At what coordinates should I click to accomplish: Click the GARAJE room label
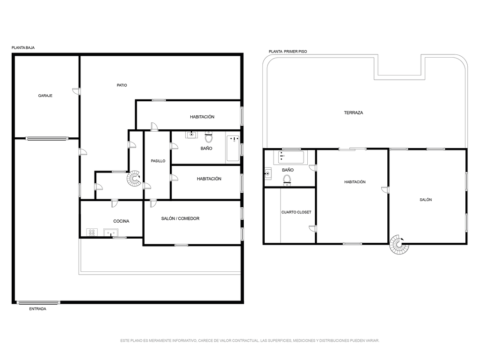pos(45,96)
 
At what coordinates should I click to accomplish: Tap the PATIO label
pos(122,85)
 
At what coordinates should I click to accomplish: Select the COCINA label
pos(121,221)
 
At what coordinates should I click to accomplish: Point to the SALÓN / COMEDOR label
pos(180,218)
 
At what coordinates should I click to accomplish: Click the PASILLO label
pos(158,161)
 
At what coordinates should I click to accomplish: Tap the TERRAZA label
pos(354,112)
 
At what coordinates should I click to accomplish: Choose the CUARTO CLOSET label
pos(296,212)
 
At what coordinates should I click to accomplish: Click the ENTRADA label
pos(37,309)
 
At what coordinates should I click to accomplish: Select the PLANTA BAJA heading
pos(23,48)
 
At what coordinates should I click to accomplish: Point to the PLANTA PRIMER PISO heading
pos(288,52)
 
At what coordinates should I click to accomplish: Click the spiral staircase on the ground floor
pos(134,179)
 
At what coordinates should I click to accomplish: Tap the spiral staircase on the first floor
pos(399,244)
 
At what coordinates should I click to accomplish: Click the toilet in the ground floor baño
pos(209,137)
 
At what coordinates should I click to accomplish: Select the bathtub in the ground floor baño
pos(233,149)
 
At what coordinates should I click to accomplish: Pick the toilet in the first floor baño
pos(287,180)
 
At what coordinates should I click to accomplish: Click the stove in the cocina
pos(92,232)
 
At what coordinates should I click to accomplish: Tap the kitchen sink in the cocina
pos(110,232)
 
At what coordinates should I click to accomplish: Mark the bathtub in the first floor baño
pos(291,157)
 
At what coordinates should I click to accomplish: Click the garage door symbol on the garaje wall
pos(47,138)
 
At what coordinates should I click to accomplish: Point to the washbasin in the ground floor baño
pos(191,135)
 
